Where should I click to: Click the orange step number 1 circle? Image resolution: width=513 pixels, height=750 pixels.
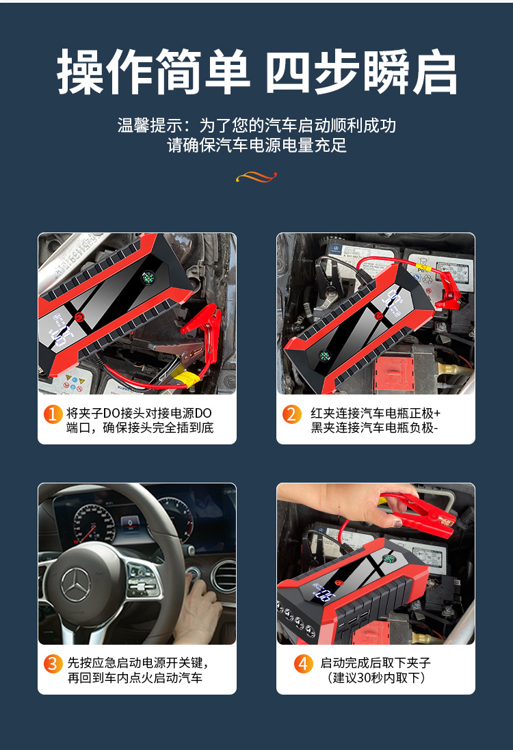53,414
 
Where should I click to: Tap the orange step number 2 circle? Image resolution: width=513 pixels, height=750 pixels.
292,414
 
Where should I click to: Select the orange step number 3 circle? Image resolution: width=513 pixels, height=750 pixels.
53,663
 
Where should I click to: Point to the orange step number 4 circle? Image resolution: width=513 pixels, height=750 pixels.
304,663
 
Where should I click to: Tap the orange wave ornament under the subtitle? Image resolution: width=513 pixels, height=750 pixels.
256,177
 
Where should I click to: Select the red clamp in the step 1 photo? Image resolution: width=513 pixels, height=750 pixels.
202,321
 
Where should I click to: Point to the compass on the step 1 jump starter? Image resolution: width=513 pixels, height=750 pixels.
148,278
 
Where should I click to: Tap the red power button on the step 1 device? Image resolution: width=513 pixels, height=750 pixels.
79,317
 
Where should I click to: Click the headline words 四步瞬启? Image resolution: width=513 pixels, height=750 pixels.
361,72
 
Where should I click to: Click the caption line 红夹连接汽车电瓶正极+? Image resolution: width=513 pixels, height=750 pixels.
376,414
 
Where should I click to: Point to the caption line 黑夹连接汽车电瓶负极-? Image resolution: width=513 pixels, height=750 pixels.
374,429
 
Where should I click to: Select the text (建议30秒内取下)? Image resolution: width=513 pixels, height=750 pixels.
377,678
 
